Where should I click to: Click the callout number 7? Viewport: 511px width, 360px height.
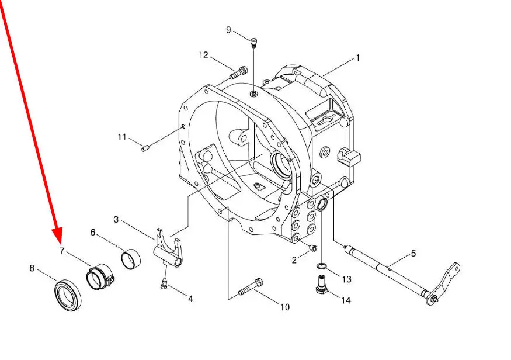coord(62,251)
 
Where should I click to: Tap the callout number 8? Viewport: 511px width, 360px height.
coord(32,268)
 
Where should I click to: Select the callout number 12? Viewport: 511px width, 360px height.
coord(204,55)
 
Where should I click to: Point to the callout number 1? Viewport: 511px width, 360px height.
coord(358,58)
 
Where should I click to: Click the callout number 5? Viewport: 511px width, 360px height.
coord(413,254)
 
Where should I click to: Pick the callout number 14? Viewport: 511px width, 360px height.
coord(346,300)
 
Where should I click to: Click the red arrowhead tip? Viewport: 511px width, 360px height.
coord(58,243)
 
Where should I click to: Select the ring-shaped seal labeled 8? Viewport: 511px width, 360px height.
coord(68,295)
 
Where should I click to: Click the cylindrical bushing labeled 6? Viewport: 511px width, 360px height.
coord(131,259)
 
